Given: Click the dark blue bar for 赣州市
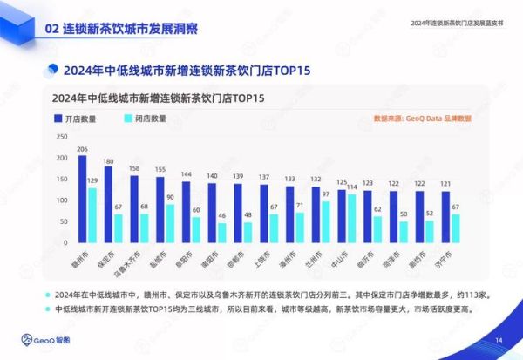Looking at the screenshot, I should coord(83,200).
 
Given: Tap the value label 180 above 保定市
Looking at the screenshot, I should coord(108,161).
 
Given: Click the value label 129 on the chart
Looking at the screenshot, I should coord(92,180).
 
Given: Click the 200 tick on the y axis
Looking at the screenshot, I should coord(59,158).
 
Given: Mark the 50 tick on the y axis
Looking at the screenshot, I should coord(61,222).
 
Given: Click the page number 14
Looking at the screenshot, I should coord(499,339).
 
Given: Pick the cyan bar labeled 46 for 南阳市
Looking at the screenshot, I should coord(221,234).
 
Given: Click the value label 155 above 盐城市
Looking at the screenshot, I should coord(160,169).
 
